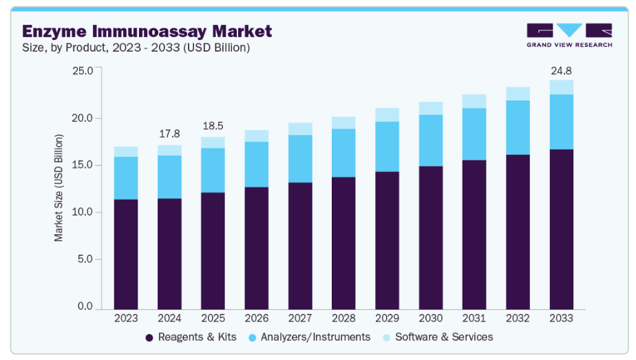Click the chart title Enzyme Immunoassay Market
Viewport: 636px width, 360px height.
click(x=147, y=31)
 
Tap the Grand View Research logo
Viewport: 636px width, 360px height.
click(x=569, y=35)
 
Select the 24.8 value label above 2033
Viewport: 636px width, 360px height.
click(x=561, y=71)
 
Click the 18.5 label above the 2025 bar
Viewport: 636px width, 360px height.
click(x=213, y=127)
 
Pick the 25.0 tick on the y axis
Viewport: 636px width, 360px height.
click(x=82, y=71)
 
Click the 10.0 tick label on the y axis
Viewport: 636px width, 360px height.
click(x=82, y=212)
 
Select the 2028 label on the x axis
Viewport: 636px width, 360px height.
click(x=343, y=319)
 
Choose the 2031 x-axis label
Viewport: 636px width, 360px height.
click(x=474, y=319)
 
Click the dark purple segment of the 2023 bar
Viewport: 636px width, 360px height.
click(x=126, y=255)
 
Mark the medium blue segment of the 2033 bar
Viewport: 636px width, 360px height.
click(x=561, y=122)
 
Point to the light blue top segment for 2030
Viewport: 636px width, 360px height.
click(x=431, y=108)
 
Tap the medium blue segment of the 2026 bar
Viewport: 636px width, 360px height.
click(x=256, y=165)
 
